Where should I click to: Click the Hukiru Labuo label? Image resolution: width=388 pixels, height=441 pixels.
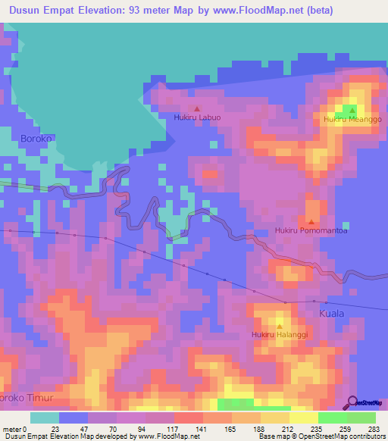[197, 117]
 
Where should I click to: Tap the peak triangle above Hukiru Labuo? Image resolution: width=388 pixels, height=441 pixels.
[198, 108]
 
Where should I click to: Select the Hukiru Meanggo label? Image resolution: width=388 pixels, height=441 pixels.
[352, 120]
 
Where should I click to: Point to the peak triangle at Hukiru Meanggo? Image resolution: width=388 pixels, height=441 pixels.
[352, 111]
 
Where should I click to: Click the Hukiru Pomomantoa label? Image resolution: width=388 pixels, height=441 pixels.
[311, 230]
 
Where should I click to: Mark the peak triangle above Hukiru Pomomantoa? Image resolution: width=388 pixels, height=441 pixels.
[311, 221]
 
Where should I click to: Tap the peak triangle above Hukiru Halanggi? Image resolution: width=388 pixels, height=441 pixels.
[279, 325]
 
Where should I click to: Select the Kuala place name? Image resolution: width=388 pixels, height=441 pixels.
[331, 313]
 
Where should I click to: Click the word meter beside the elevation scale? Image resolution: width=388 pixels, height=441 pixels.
[12, 429]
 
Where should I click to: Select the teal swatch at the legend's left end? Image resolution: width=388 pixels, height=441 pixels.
[44, 418]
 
